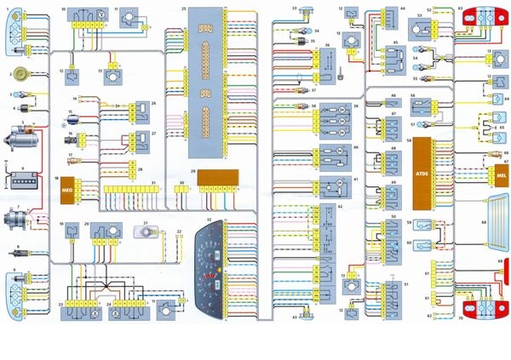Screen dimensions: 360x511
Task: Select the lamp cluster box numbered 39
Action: pos(337,120)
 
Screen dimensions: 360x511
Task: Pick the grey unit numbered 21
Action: pos(142,231)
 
